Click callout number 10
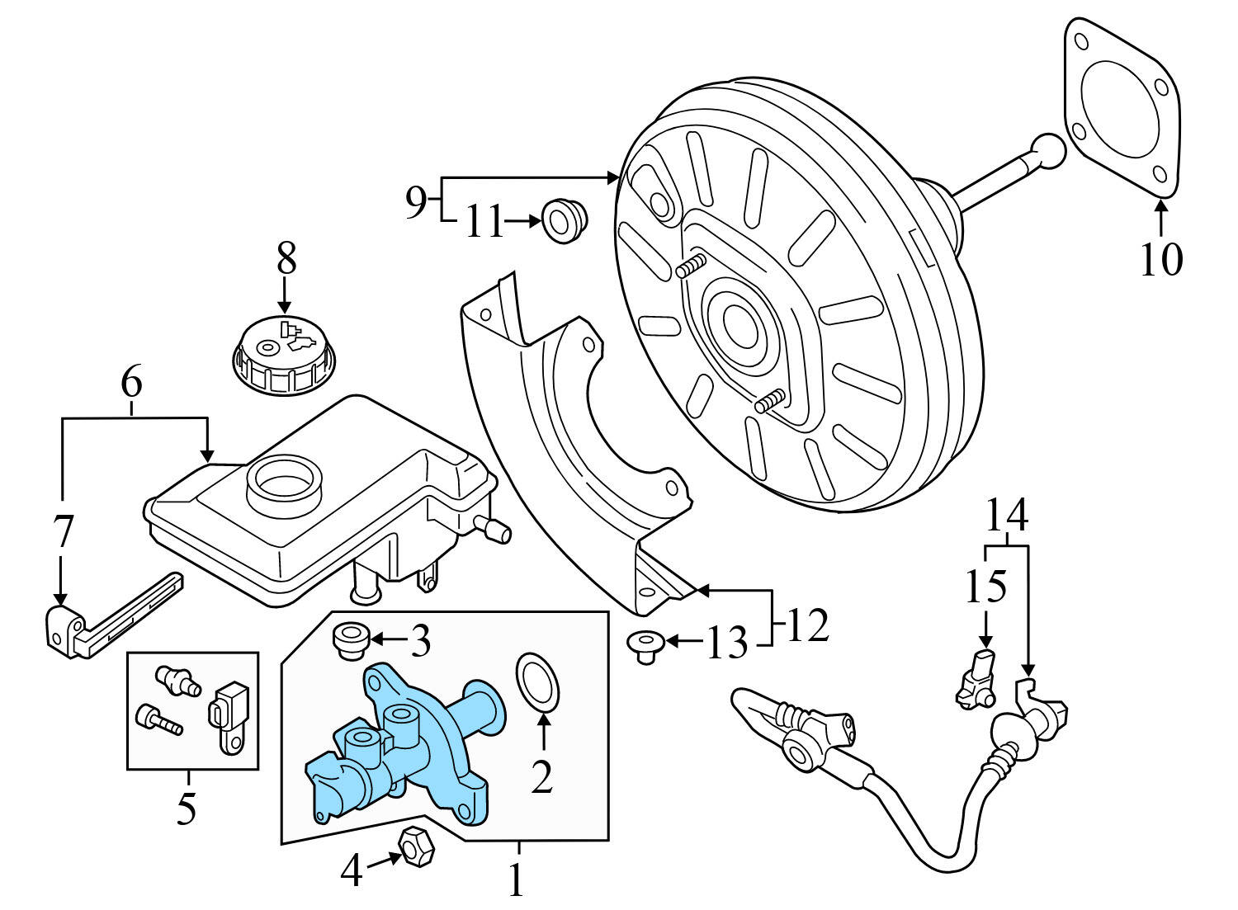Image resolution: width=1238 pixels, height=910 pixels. (1160, 259)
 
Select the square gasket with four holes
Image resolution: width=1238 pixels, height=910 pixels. (1119, 108)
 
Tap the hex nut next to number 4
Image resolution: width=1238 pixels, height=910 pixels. (413, 846)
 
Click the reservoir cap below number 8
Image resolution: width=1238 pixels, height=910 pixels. (285, 358)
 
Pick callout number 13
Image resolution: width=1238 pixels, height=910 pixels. (727, 644)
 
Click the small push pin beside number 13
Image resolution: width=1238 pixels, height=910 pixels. (645, 643)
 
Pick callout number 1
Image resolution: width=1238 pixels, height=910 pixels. (517, 880)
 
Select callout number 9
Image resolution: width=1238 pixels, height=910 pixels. (417, 200)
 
